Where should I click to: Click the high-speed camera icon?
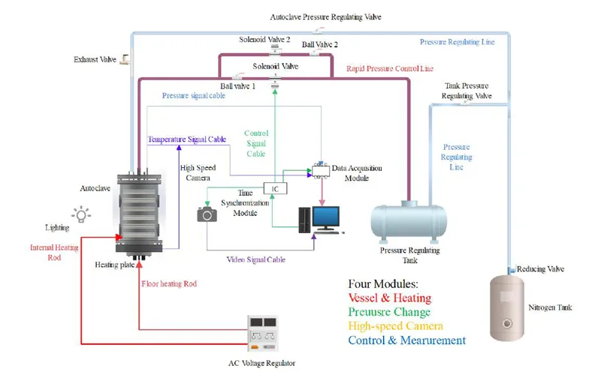click(x=207, y=214)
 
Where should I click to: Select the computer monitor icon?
click(x=326, y=218)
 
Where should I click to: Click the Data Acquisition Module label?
click(x=355, y=174)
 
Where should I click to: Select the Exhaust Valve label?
click(x=95, y=59)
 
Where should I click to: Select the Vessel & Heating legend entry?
click(x=389, y=298)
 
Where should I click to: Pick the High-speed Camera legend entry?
click(x=395, y=326)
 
